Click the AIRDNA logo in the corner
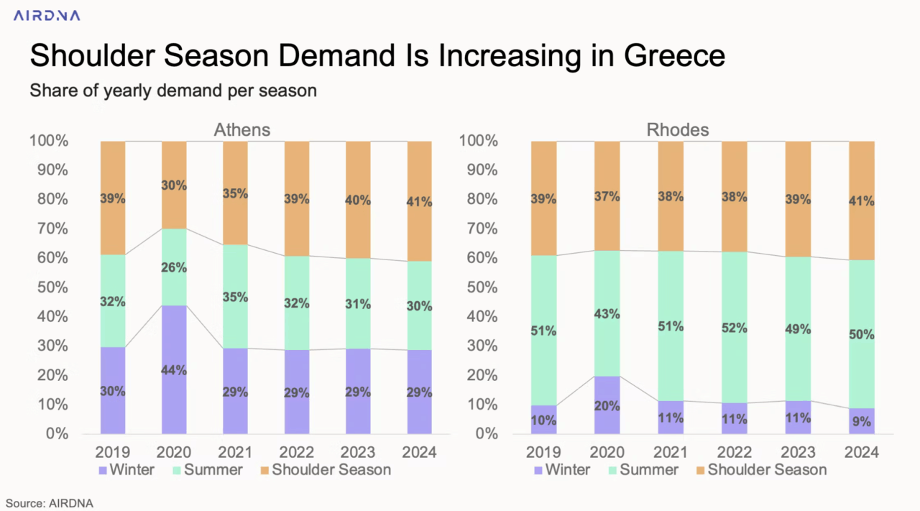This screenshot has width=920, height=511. click(47, 15)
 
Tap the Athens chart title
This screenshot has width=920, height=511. click(242, 130)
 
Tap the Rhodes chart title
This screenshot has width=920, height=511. click(678, 130)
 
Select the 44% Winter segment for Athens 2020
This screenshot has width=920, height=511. click(174, 369)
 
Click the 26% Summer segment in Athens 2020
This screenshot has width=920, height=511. click(174, 267)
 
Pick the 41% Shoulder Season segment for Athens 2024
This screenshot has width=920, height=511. click(420, 201)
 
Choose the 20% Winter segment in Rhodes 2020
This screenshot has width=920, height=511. click(607, 405)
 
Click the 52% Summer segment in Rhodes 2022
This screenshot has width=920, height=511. click(735, 328)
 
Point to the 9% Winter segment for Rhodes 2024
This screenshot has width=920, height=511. click(862, 420)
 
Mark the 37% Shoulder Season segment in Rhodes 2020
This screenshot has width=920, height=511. click(607, 196)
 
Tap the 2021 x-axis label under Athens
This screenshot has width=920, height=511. click(235, 452)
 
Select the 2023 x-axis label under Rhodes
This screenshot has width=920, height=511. click(798, 452)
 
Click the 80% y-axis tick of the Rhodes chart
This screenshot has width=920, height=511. click(479, 200)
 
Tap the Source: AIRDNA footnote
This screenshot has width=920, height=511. click(50, 504)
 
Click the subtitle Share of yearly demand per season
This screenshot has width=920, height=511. click(173, 91)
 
